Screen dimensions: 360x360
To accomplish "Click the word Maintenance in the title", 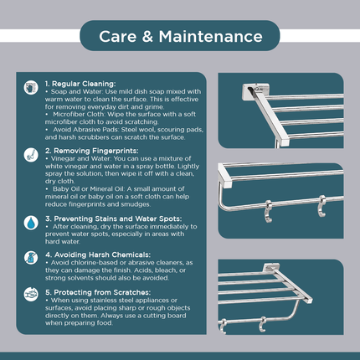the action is (x=211, y=37).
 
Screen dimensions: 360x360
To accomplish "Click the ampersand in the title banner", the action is (x=147, y=37).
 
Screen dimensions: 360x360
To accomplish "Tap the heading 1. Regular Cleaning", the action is (x=80, y=84).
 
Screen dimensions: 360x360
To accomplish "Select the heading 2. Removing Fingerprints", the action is (x=92, y=151).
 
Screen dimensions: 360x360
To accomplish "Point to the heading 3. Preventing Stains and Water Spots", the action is (x=114, y=219).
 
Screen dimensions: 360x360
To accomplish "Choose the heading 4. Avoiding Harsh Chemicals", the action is (x=98, y=255).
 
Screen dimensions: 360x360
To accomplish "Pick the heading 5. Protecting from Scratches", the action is (x=98, y=292).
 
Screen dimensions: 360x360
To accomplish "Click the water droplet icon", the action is (x=31, y=223).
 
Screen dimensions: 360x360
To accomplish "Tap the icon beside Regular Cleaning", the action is (x=31, y=88).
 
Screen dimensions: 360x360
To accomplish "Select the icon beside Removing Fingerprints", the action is (x=31, y=155).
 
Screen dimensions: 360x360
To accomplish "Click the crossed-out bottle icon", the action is (x=31, y=258).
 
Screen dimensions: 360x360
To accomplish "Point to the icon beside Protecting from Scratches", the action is (x=31, y=295).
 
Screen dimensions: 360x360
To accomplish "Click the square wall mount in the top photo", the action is (x=255, y=91).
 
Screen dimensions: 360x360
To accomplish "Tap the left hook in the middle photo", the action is (x=269, y=211).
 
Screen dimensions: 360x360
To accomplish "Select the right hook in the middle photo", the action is (x=322, y=206).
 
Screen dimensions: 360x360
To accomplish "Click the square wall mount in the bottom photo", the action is (x=271, y=268).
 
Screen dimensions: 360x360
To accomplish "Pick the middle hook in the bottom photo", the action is (x=262, y=324).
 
